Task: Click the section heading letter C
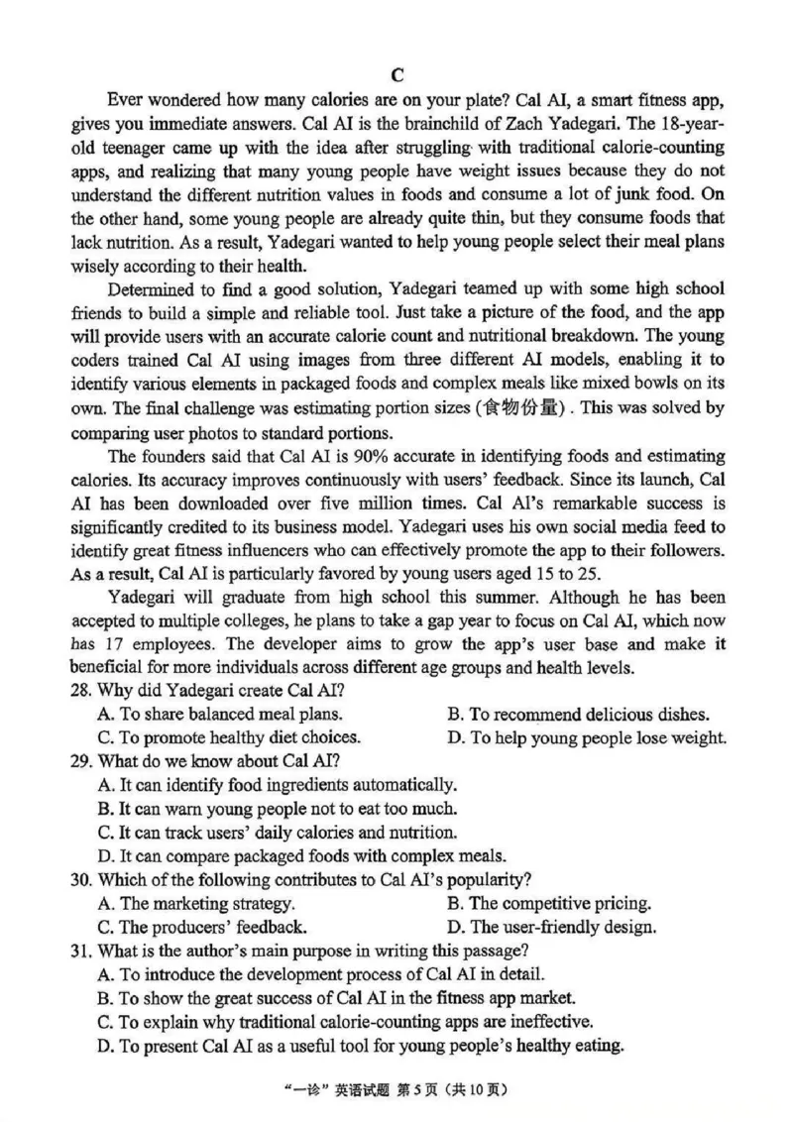[x=397, y=75]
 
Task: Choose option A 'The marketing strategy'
[x=196, y=904]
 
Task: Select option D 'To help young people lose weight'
[x=587, y=737]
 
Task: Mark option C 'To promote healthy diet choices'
[x=229, y=737]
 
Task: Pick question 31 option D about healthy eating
[x=361, y=1046]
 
